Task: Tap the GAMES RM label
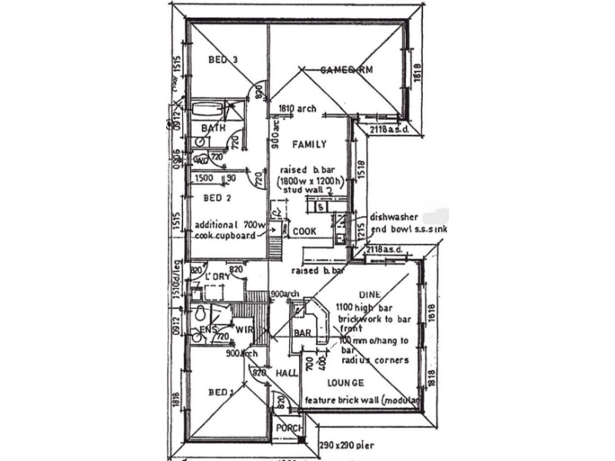tap(347, 71)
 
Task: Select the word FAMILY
tap(309, 144)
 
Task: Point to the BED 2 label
tap(218, 197)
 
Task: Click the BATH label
tap(213, 128)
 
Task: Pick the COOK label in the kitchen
tap(304, 230)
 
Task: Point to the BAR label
tap(302, 333)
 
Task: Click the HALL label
tap(287, 373)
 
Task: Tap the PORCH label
tap(289, 429)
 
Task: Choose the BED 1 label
tap(221, 392)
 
